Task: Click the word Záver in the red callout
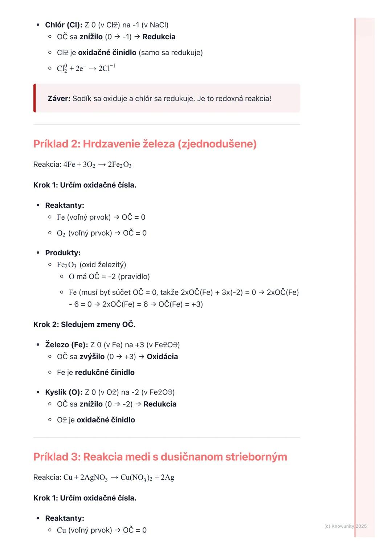coord(59,98)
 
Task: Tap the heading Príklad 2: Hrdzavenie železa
coord(145,144)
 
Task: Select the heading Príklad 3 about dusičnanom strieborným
coord(160,457)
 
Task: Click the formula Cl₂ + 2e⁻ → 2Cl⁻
coord(86,68)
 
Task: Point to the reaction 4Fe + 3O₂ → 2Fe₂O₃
coord(97,165)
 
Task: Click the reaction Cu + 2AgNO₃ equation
coord(119,477)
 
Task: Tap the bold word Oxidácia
coord(162,357)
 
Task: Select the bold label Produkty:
coord(63,253)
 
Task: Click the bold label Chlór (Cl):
coord(64,25)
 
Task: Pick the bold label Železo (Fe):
coord(66,345)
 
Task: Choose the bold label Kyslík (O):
coord(64,392)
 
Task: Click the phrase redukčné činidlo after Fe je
coord(105,372)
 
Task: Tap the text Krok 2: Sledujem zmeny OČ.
coord(84,324)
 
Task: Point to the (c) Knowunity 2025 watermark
coord(345,526)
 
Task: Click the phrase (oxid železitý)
coord(103,265)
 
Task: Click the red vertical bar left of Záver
coord(34,98)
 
